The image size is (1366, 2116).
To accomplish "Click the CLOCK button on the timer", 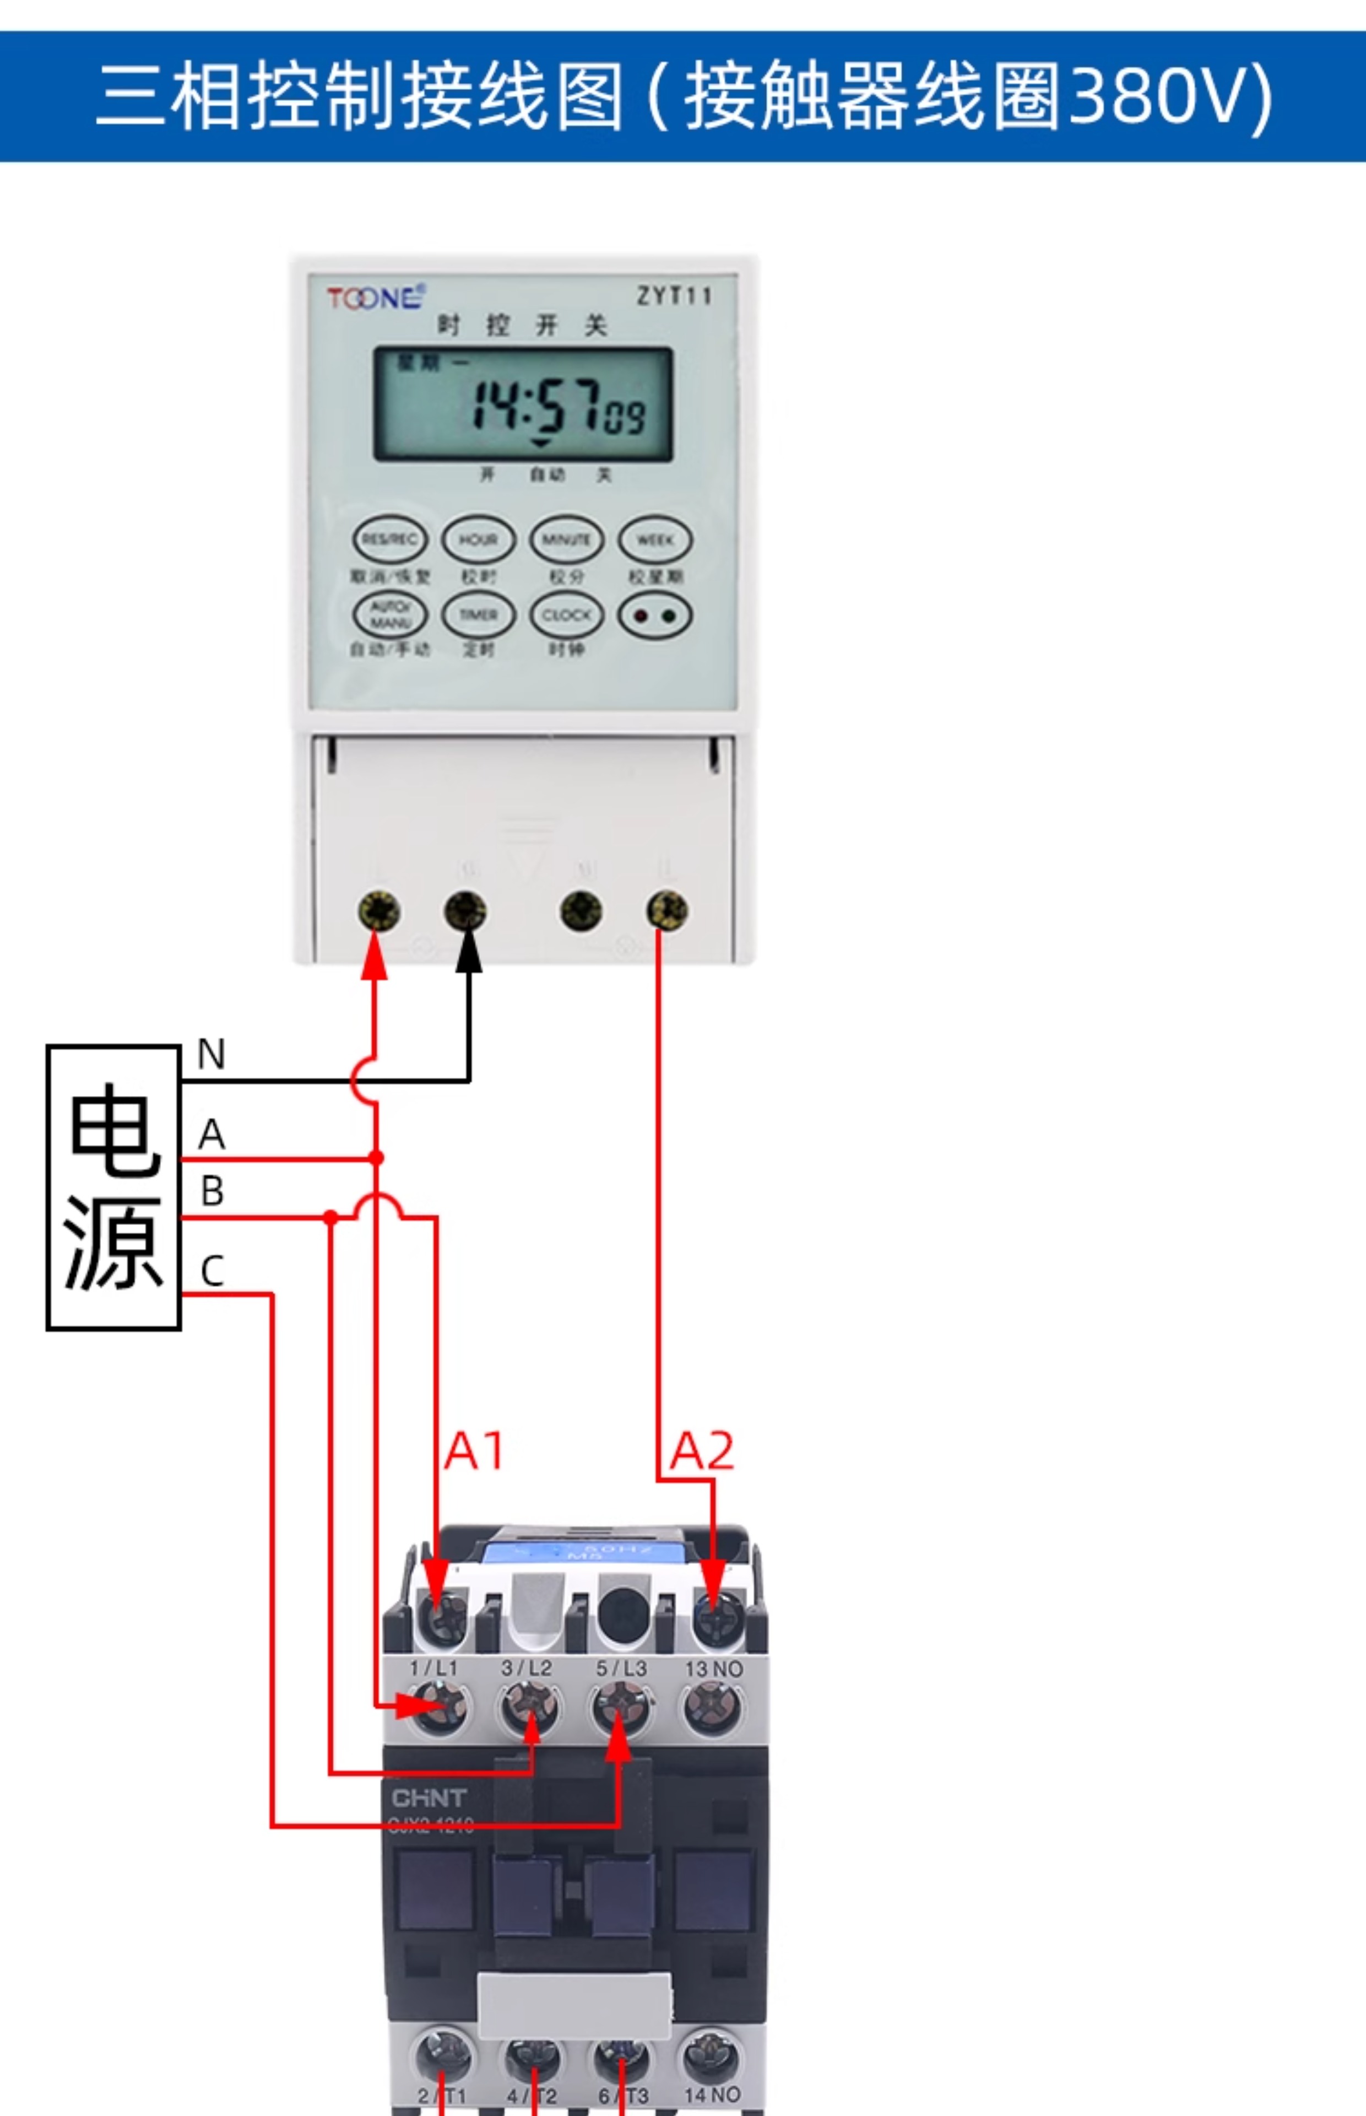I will (567, 615).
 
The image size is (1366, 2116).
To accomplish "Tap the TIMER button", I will (478, 615).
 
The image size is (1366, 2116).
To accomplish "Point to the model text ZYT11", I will (674, 295).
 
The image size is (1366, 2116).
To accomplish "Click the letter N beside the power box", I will (211, 1054).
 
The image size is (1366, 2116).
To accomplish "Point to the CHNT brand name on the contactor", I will (429, 1799).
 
